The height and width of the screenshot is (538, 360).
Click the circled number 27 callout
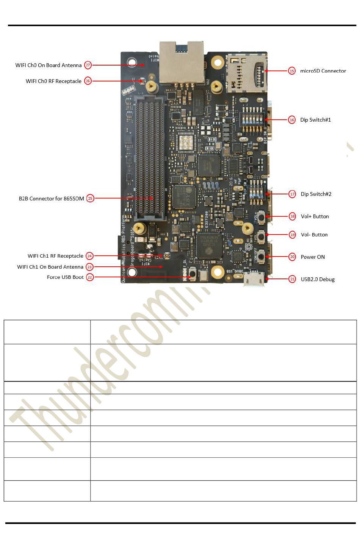pyautogui.click(x=88, y=65)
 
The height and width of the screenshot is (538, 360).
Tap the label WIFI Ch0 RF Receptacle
pyautogui.click(x=53, y=81)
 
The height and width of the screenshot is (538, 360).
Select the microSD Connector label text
pyautogui.click(x=323, y=71)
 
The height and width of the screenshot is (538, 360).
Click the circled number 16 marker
pyautogui.click(x=292, y=120)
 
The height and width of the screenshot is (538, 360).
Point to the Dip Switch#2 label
pyautogui.click(x=316, y=194)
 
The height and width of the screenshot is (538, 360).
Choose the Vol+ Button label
pyautogui.click(x=315, y=216)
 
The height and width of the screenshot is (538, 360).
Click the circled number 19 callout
pyautogui.click(x=292, y=235)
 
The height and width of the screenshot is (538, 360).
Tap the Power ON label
pyautogui.click(x=313, y=257)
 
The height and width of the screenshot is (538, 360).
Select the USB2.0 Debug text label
pyautogui.click(x=318, y=279)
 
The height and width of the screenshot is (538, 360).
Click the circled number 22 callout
pyautogui.click(x=90, y=277)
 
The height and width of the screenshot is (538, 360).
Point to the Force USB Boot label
pyautogui.click(x=65, y=277)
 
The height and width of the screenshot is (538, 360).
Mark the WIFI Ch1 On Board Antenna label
pyautogui.click(x=50, y=267)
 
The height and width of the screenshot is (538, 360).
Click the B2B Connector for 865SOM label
pyautogui.click(x=52, y=199)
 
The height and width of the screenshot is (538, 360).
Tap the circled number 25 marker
pyautogui.click(x=90, y=198)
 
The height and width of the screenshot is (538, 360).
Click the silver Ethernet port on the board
pyautogui.click(x=182, y=63)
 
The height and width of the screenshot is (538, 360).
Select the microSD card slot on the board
pyautogui.click(x=246, y=73)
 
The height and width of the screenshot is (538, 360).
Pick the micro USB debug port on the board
pyautogui.click(x=254, y=278)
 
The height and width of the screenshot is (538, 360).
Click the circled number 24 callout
pyautogui.click(x=89, y=256)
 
